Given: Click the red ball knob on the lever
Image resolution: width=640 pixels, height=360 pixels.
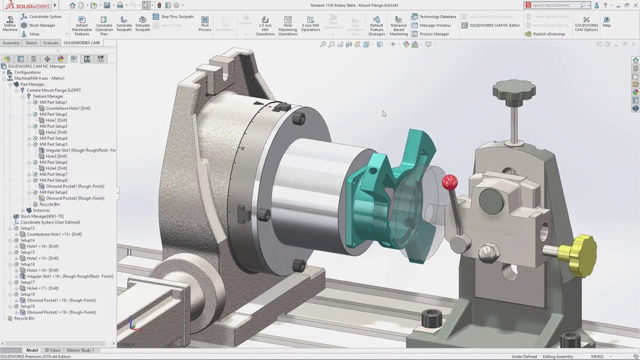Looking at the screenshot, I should click(x=449, y=182).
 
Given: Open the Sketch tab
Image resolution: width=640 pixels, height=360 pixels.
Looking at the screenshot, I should click(x=31, y=43).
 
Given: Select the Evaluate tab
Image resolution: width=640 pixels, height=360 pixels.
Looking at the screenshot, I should click(x=50, y=43).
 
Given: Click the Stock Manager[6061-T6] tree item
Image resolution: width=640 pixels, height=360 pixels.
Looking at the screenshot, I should click(x=42, y=216).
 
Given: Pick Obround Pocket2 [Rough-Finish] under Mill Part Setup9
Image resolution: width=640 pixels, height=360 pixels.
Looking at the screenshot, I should click(x=75, y=198).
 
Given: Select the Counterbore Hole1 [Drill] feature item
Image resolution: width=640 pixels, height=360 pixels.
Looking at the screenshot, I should click(x=68, y=108).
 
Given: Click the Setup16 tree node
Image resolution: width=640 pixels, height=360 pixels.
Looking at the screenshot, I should click(x=27, y=264).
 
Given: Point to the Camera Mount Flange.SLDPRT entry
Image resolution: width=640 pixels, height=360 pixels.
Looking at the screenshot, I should click(x=53, y=90).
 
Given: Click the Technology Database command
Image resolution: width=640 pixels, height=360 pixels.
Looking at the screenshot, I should click(x=437, y=16).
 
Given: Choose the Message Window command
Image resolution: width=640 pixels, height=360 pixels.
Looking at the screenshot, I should click(x=435, y=25).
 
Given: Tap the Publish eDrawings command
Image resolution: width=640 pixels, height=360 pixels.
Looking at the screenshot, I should click(x=549, y=34).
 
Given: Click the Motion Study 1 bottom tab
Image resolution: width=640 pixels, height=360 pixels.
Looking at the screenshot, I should click(x=80, y=350).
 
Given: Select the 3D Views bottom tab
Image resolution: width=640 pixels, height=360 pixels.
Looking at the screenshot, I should click(x=52, y=350).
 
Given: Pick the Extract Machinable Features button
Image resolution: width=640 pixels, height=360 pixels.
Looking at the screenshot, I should click(x=82, y=25).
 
